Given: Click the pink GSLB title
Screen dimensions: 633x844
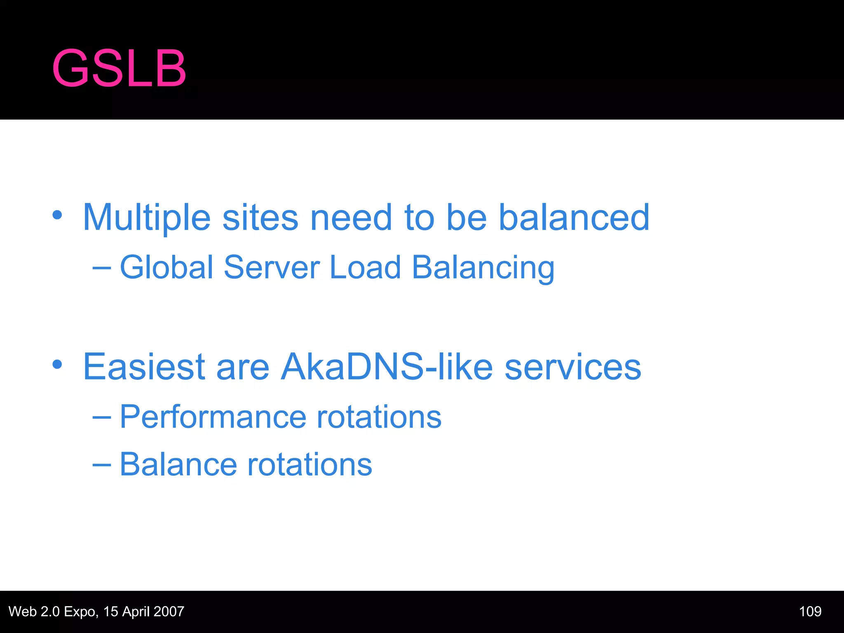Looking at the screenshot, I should coord(119,69).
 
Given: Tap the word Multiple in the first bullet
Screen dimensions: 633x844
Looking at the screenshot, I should coord(146,218).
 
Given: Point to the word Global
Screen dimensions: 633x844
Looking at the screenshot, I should coord(166,267).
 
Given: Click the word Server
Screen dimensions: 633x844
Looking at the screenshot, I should coord(272,267).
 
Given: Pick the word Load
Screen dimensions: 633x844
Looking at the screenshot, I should coord(365,267).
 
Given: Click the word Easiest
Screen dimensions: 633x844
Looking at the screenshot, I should coord(144,366).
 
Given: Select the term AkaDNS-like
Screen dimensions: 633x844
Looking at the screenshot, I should coord(387,366).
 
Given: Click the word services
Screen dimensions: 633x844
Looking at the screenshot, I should coord(573,366).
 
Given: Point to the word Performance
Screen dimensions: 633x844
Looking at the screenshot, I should coord(213,417).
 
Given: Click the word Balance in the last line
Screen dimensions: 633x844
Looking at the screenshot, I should coord(178,464).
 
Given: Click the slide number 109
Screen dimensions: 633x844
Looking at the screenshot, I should coord(810,611).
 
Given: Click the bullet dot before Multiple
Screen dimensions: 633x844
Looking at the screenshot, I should coord(57,215).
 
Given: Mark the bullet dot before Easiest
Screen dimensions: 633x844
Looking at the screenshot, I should coord(57,364).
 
